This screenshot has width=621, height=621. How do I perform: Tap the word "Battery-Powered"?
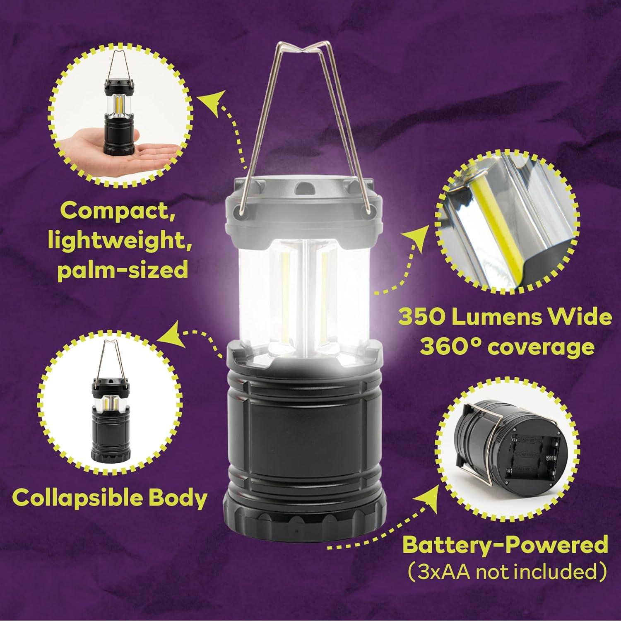pos(505,545)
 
